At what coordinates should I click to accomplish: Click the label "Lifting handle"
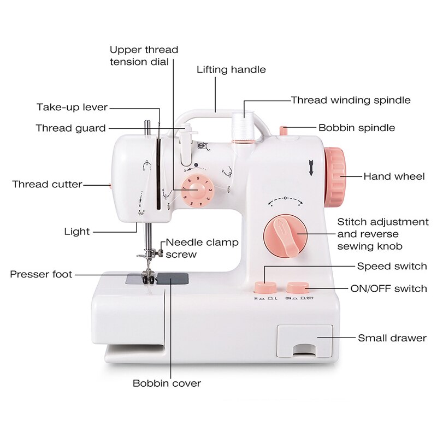(x=231, y=70)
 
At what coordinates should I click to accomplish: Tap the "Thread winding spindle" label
(x=351, y=100)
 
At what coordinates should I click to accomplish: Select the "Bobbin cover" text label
(x=167, y=383)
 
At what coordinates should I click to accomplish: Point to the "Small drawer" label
(x=392, y=338)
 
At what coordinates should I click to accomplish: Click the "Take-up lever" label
(x=72, y=107)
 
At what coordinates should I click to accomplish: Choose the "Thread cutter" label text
(x=47, y=184)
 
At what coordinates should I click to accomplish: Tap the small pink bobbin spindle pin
(x=283, y=130)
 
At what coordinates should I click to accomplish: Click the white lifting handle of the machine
(x=218, y=115)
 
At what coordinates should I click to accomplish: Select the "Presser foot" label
(x=41, y=274)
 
